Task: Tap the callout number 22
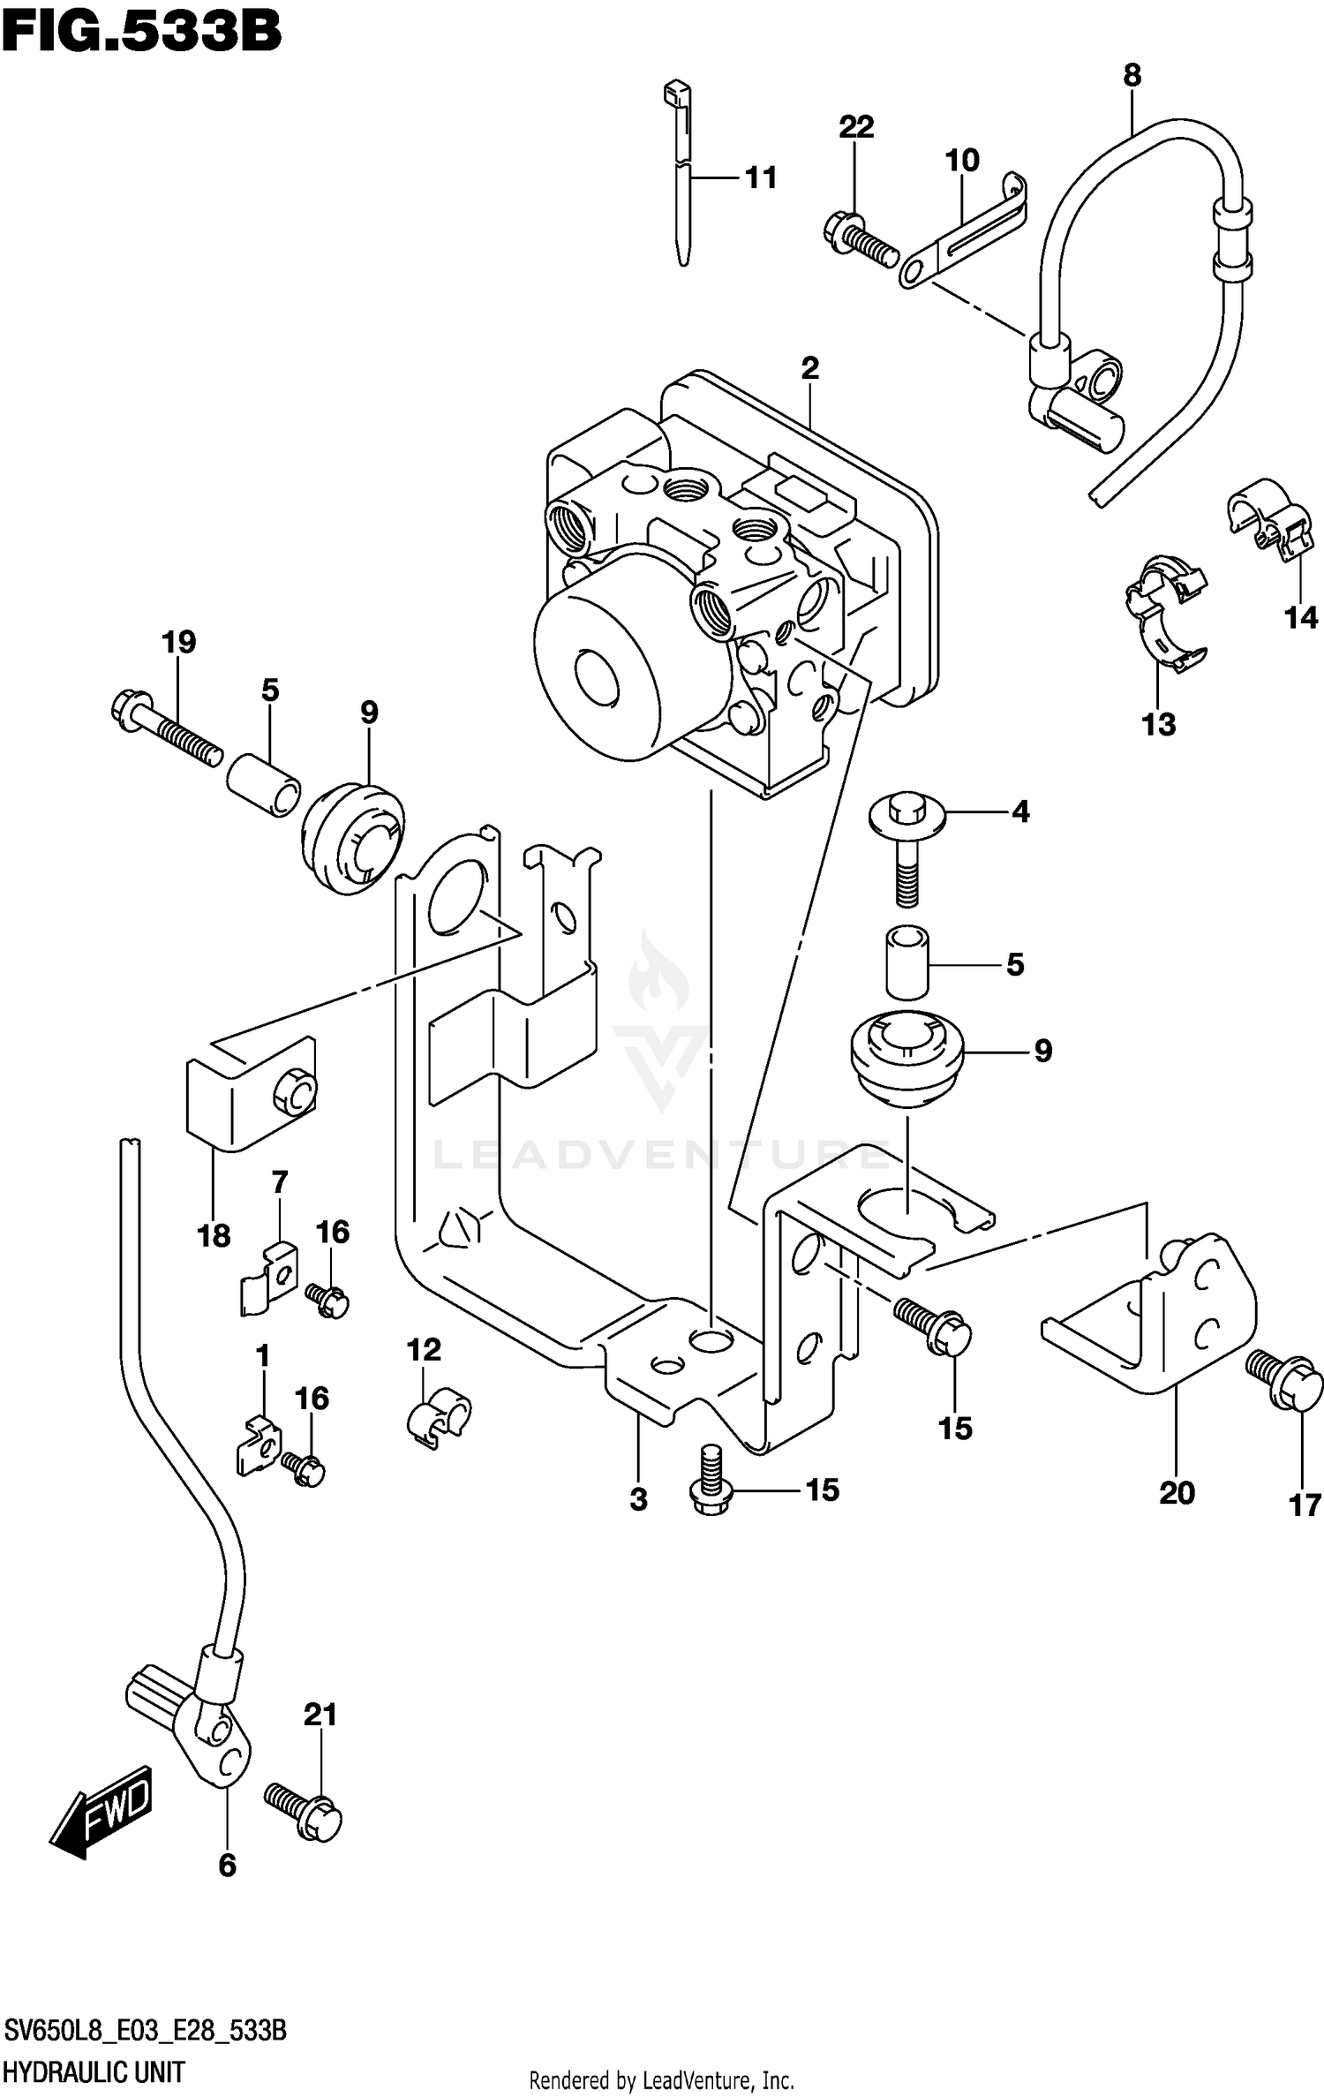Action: pyautogui.click(x=855, y=127)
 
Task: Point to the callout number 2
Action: pyautogui.click(x=809, y=368)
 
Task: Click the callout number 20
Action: pyautogui.click(x=1176, y=1493)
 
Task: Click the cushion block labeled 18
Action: pyautogui.click(x=252, y=1094)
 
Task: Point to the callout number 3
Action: pyautogui.click(x=638, y=1499)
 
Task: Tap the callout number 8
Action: pyautogui.click(x=1132, y=76)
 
